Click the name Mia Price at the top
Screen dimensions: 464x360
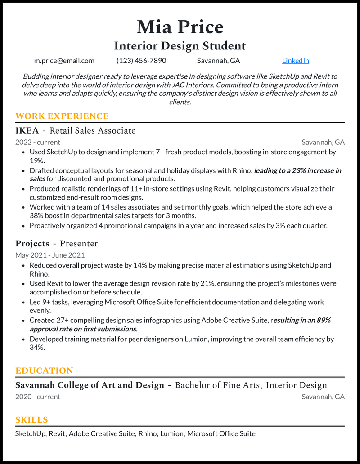pyautogui.click(x=180, y=27)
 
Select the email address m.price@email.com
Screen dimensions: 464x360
pyautogui.click(x=64, y=61)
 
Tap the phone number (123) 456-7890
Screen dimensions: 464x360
pyautogui.click(x=141, y=61)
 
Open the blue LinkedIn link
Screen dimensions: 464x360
pyautogui.click(x=295, y=61)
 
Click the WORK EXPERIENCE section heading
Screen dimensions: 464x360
pyautogui.click(x=62, y=116)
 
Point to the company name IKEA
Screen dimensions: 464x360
pyautogui.click(x=27, y=131)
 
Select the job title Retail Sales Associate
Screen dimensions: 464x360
pyautogui.click(x=93, y=131)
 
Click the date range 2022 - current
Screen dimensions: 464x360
pyautogui.click(x=38, y=143)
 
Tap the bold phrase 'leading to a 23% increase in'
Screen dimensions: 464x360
pyautogui.click(x=297, y=170)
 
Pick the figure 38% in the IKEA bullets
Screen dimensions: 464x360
pyautogui.click(x=36, y=216)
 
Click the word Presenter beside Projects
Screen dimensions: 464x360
pyautogui.click(x=79, y=244)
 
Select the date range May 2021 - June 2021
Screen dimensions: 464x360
pyautogui.click(x=50, y=255)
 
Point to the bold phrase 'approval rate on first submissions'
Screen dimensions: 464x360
pyautogui.click(x=83, y=329)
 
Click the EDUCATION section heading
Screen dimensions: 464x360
pyautogui.click(x=44, y=371)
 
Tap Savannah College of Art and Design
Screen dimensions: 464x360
pyautogui.click(x=90, y=385)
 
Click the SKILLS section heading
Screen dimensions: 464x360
pyautogui.click(x=31, y=420)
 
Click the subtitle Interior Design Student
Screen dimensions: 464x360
pyautogui.click(x=180, y=46)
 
